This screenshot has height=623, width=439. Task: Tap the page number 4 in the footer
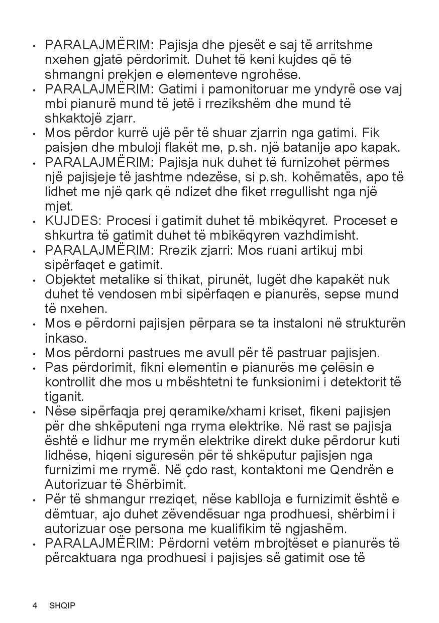coord(35,605)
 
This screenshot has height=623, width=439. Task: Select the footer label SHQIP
coord(62,605)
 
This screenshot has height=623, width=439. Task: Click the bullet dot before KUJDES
coord(34,222)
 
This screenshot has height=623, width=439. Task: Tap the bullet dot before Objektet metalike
coord(34,281)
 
